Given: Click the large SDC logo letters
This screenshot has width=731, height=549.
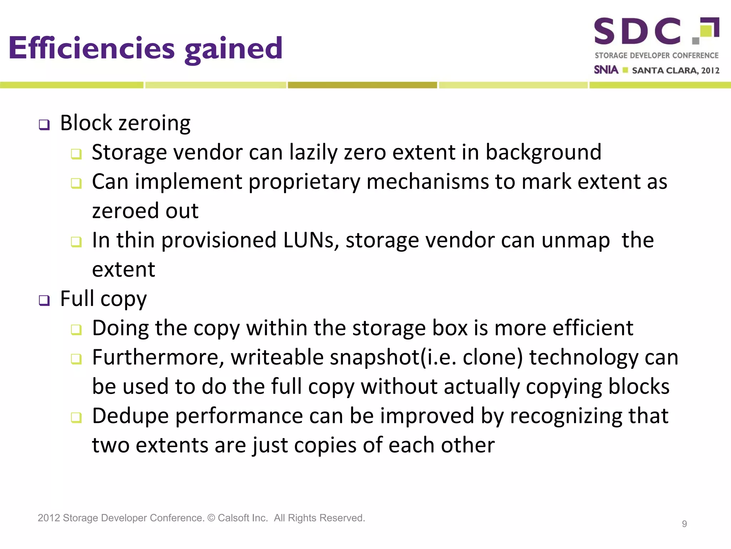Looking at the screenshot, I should [x=637, y=31].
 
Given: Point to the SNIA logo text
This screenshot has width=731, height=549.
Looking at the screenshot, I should [x=606, y=70].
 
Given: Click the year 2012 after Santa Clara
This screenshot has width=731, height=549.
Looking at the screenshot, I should [x=710, y=70].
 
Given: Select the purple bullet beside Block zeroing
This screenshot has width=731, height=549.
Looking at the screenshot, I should [x=44, y=125].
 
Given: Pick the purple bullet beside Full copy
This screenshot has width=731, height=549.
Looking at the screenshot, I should [x=44, y=300].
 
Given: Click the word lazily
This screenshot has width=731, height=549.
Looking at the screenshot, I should [x=313, y=153].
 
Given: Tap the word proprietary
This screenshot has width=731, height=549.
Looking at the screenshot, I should [x=304, y=182].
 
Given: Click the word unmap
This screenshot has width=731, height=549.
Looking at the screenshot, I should [x=575, y=241].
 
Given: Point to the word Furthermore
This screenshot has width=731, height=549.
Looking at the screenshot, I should [x=158, y=357].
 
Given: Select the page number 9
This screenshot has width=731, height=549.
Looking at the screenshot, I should [x=684, y=524].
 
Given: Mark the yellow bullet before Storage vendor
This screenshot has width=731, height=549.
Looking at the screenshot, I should [x=76, y=154].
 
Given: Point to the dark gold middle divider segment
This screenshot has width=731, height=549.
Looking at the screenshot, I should [x=362, y=85].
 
